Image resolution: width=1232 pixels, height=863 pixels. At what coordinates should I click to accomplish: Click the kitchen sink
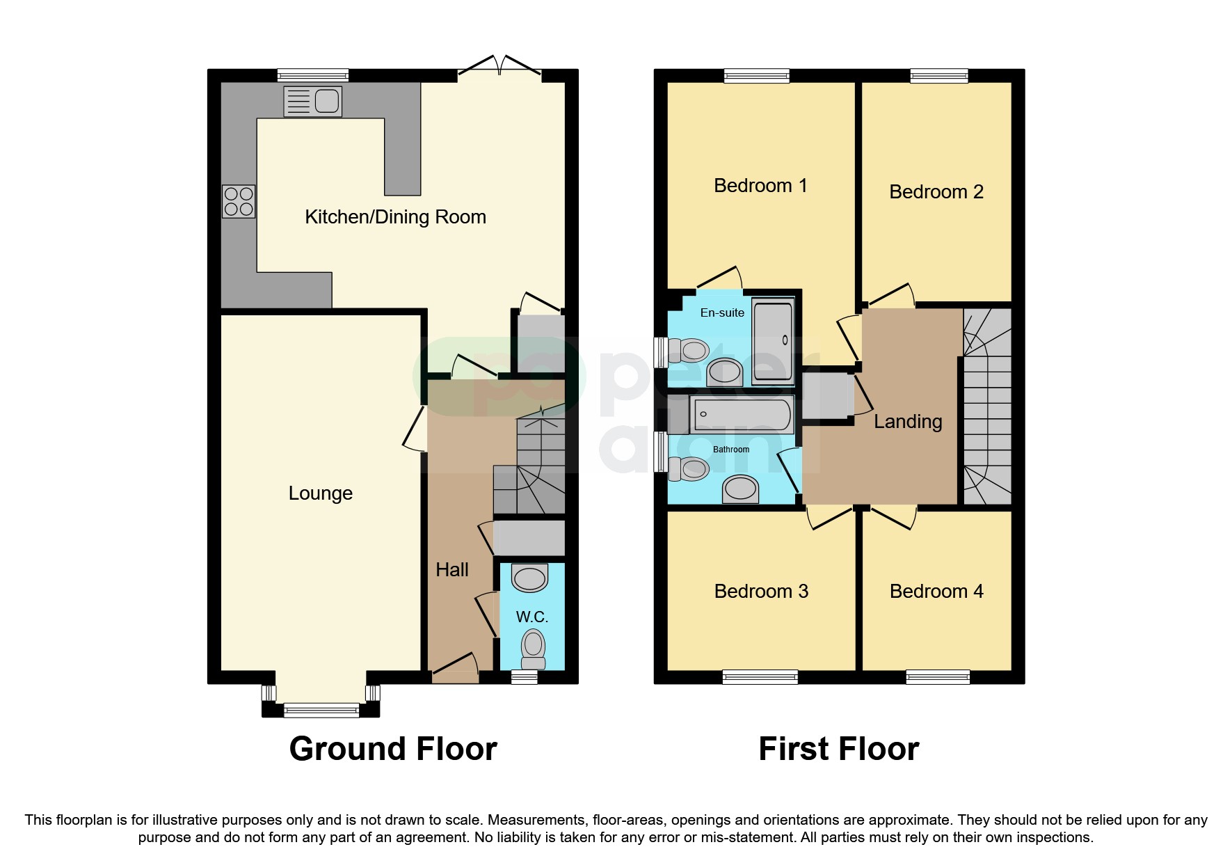pos(312,101)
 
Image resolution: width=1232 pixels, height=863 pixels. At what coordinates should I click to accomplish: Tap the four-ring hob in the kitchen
pos(239,201)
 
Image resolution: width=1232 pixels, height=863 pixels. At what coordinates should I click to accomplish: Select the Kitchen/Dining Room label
pos(395,217)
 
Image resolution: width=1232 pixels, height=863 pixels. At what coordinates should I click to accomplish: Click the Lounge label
pos(320,493)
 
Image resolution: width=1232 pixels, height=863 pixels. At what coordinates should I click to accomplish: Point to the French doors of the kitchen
pos(499,67)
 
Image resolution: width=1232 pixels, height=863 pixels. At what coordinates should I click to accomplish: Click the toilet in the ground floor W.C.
pos(534,647)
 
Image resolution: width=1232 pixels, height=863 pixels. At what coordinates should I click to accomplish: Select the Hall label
pos(451,570)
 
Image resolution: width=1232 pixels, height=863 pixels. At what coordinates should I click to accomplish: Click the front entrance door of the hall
pos(456,666)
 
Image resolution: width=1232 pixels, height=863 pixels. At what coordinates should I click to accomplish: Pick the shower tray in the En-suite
pos(773,340)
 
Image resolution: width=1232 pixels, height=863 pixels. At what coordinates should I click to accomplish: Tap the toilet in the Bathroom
pos(688,469)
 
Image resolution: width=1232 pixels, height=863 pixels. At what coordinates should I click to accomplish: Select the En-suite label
pos(721,313)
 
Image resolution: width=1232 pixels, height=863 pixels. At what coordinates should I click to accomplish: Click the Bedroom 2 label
pos(936,192)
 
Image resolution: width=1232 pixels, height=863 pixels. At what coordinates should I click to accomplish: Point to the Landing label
pos(907,422)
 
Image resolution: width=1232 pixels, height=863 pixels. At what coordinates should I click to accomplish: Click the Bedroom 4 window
pos(937,676)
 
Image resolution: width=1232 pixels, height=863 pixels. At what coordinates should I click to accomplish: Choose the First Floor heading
pos(838,749)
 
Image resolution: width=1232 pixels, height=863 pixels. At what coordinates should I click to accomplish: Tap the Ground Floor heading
pos(393,749)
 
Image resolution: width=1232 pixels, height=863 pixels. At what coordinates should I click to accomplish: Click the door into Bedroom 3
pos(830,518)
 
